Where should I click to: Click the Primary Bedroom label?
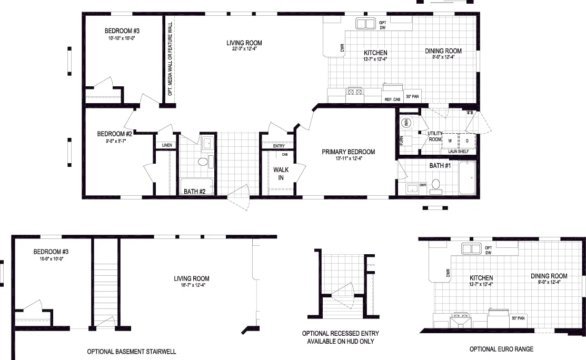click(x=349, y=152)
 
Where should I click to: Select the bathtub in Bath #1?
click(x=467, y=178)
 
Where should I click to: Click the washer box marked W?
click(x=450, y=141)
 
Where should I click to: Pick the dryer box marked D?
click(x=466, y=141)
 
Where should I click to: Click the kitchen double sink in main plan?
click(x=364, y=24)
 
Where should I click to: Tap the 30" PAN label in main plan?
click(x=412, y=96)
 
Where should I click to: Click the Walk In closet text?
click(x=279, y=173)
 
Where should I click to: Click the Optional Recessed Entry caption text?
click(x=340, y=334)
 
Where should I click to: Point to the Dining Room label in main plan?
click(x=443, y=51)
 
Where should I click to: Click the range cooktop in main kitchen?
click(x=354, y=92)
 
